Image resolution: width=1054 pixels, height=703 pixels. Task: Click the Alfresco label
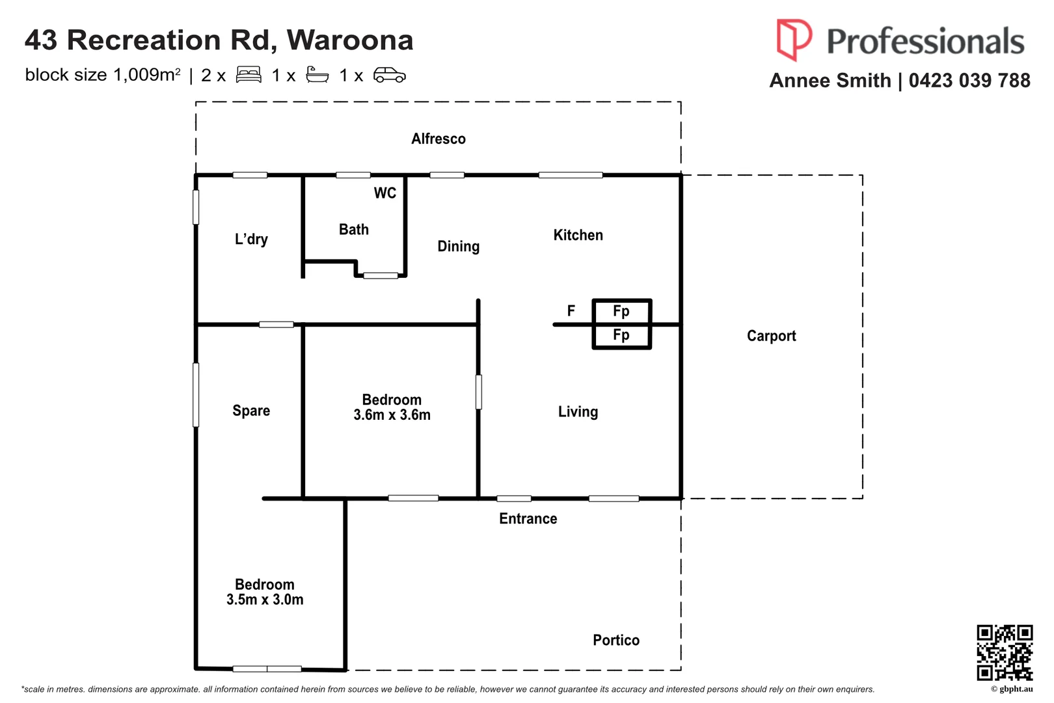click(438, 139)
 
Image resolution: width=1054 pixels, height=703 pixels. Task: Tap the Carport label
click(771, 336)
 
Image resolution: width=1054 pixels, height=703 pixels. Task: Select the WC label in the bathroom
click(385, 193)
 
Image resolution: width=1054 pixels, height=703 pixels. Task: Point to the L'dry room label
click(251, 240)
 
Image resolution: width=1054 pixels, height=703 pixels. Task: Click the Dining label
click(458, 246)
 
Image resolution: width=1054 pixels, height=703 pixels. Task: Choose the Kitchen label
click(578, 235)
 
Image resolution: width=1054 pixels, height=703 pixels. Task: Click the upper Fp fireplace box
click(621, 311)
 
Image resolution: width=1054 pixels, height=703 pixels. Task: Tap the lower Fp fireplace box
click(621, 335)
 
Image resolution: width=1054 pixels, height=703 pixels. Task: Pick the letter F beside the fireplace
click(571, 310)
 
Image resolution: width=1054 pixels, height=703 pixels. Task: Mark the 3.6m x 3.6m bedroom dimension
click(392, 415)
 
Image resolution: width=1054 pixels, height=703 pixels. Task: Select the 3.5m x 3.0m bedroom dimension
click(265, 600)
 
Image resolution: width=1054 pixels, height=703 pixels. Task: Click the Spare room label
click(251, 411)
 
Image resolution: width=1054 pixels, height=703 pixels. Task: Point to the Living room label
click(578, 411)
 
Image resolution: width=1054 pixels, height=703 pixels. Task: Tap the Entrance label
click(528, 519)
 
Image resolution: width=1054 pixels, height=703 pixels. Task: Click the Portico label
click(615, 641)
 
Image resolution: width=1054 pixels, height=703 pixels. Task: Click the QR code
click(1004, 652)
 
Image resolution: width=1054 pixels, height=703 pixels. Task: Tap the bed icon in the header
click(249, 75)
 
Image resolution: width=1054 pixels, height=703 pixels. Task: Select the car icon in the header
click(389, 75)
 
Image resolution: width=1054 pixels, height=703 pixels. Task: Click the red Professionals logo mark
click(793, 39)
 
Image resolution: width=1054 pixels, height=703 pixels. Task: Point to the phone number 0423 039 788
click(969, 81)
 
